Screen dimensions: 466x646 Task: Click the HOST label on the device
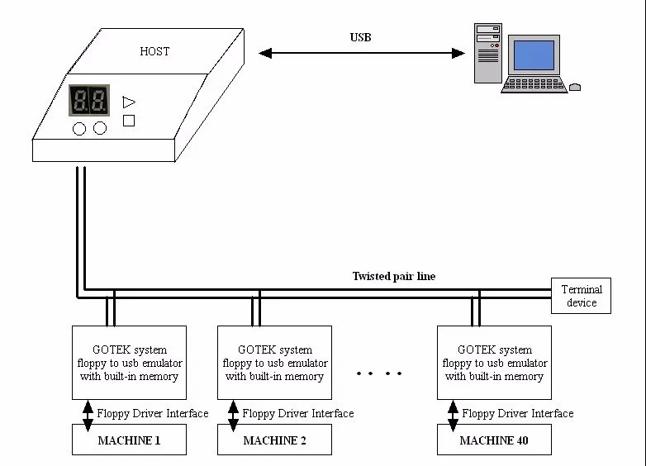[x=154, y=51]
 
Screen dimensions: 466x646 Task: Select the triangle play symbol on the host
[x=128, y=102]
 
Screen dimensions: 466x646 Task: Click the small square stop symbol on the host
[x=128, y=121]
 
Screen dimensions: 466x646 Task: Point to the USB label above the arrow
[x=361, y=38]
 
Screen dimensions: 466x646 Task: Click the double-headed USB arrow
[x=362, y=54]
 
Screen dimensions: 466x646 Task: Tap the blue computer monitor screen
[x=533, y=54]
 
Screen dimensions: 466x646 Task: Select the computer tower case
[x=488, y=53]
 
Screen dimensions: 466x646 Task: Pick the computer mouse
[x=575, y=86]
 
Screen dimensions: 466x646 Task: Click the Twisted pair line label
[x=393, y=277]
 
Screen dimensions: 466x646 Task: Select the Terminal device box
[x=582, y=296]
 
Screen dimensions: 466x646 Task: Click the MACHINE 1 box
[x=129, y=440]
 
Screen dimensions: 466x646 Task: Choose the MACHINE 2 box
[x=274, y=440]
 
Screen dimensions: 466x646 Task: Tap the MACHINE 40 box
[x=494, y=440]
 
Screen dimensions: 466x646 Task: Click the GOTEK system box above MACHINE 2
[x=274, y=364]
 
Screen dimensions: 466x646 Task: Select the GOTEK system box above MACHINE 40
[x=494, y=364]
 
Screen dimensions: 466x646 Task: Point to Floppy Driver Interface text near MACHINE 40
[x=517, y=413]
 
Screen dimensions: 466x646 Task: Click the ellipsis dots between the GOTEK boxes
[x=379, y=373]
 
